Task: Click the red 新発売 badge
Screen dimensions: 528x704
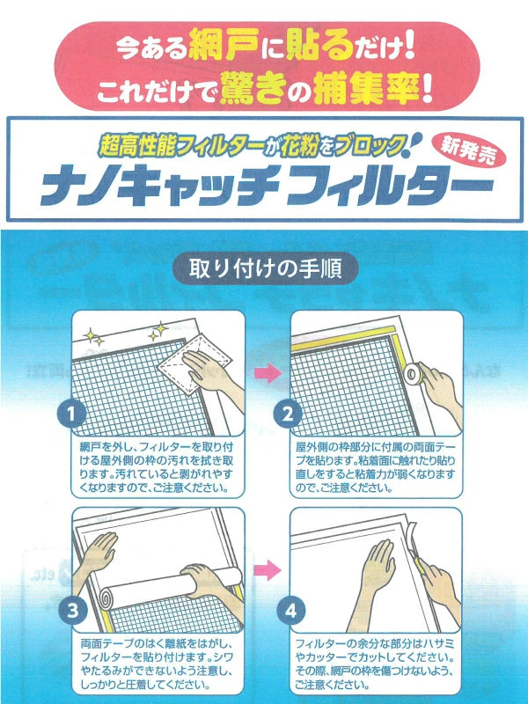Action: point(468,151)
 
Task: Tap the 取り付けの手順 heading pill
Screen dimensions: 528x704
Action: point(266,268)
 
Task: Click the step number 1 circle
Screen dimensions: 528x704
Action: point(72,413)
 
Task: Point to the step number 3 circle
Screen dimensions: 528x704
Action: point(72,611)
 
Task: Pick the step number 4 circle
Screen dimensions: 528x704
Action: point(291,611)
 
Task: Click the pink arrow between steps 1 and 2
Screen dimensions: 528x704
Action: point(268,373)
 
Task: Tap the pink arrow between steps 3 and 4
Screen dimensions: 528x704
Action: point(268,569)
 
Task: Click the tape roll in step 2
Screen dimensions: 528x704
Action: point(412,373)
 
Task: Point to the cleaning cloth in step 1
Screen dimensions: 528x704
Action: point(194,363)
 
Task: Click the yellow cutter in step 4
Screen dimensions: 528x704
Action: point(421,567)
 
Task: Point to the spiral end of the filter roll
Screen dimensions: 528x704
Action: point(107,598)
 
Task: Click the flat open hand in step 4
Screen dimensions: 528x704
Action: point(378,567)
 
